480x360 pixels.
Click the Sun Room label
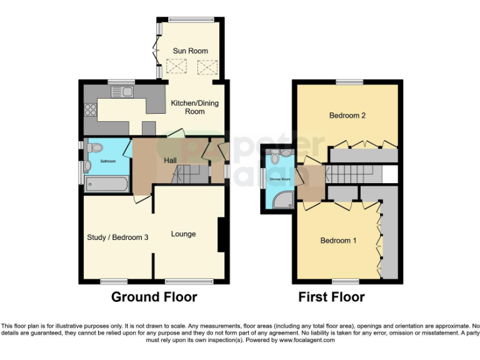pyautogui.click(x=190, y=51)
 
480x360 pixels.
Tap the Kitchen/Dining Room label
pyautogui.click(x=194, y=107)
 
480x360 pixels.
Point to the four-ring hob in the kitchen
pyautogui.click(x=90, y=109)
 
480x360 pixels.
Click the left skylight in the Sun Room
pyautogui.click(x=177, y=66)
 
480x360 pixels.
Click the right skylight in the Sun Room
pyautogui.click(x=206, y=66)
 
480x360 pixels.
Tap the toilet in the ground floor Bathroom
pyautogui.click(x=94, y=147)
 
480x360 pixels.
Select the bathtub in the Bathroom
pyautogui.click(x=107, y=184)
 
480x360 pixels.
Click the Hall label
pyautogui.click(x=170, y=161)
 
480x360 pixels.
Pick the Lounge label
pyautogui.click(x=184, y=234)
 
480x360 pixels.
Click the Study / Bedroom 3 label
pyautogui.click(x=117, y=237)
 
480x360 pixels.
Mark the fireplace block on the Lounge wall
pyautogui.click(x=221, y=234)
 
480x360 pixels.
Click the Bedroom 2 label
pyautogui.click(x=347, y=116)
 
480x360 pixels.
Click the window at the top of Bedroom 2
pyautogui.click(x=349, y=82)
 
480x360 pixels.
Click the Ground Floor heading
pyautogui.click(x=154, y=297)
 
